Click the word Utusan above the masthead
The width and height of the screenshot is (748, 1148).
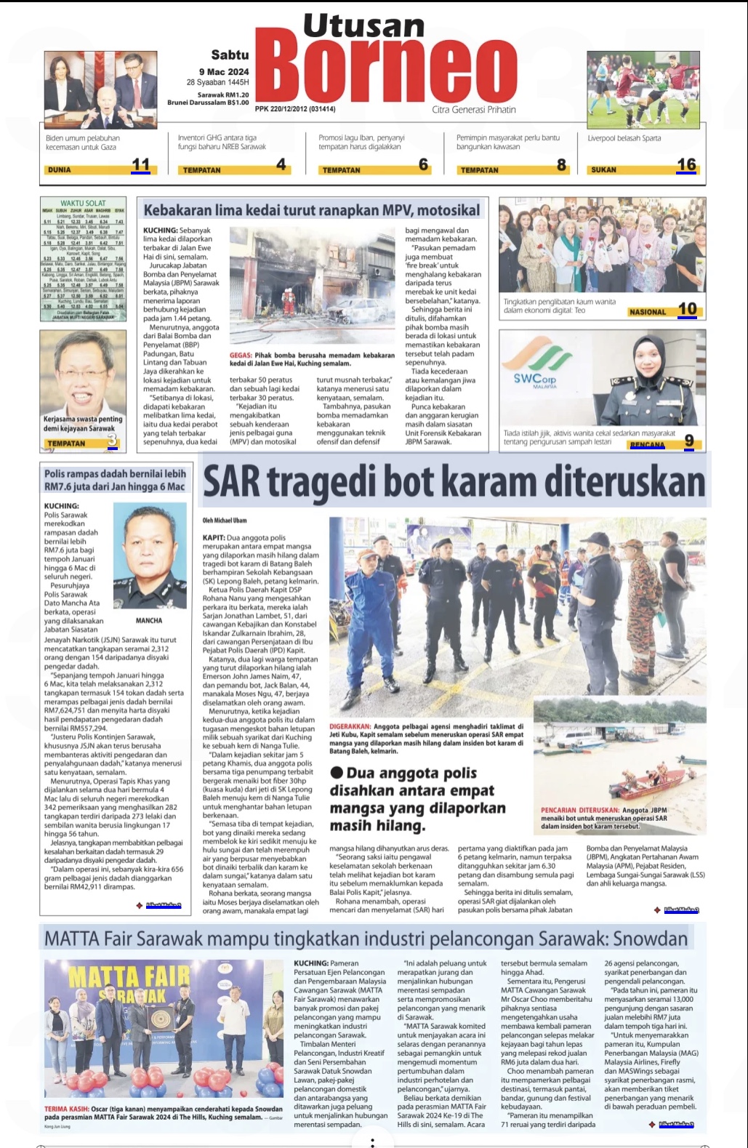(363, 26)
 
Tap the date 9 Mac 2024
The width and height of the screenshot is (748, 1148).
(224, 71)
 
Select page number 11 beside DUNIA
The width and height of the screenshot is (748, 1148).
(140, 165)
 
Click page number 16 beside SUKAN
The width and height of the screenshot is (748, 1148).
(686, 165)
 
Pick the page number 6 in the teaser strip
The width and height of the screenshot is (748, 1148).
(423, 165)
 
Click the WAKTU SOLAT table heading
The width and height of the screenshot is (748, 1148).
(83, 204)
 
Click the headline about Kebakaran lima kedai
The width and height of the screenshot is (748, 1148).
(311, 210)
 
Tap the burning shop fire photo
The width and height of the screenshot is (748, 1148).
(312, 285)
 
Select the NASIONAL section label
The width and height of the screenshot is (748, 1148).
(648, 312)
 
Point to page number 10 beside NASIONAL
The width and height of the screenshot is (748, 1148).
(687, 310)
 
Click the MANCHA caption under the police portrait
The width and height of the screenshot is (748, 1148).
(149, 621)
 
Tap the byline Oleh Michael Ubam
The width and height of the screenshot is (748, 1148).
(225, 521)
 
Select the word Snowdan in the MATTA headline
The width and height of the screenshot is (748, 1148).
(650, 939)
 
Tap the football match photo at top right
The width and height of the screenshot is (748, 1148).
(643, 89)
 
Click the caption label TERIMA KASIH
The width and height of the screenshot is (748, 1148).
(66, 1109)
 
